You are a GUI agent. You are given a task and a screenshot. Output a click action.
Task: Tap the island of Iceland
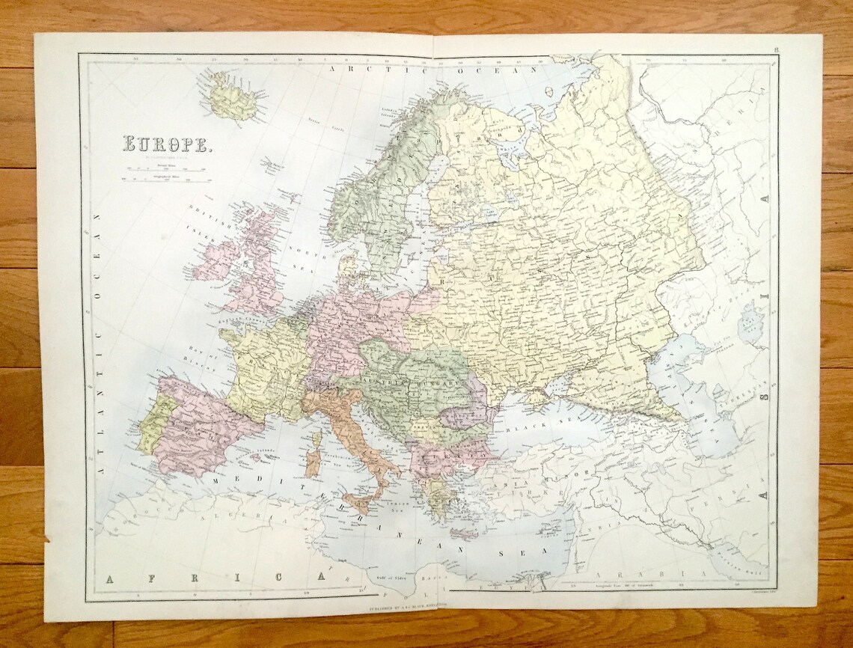click(233, 96)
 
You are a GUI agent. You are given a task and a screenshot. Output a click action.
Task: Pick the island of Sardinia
click(312, 465)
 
